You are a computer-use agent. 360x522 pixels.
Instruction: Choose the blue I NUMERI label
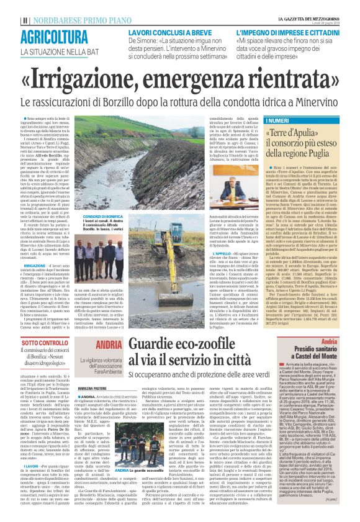coord(277,120)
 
